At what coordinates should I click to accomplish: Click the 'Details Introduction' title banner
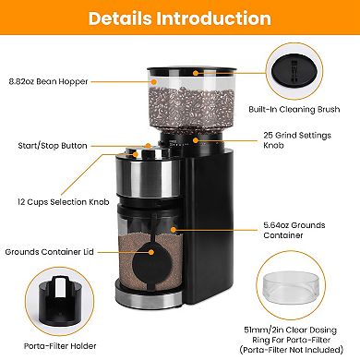pyautogui.click(x=180, y=18)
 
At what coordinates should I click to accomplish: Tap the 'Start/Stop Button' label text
pyautogui.click(x=46, y=145)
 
